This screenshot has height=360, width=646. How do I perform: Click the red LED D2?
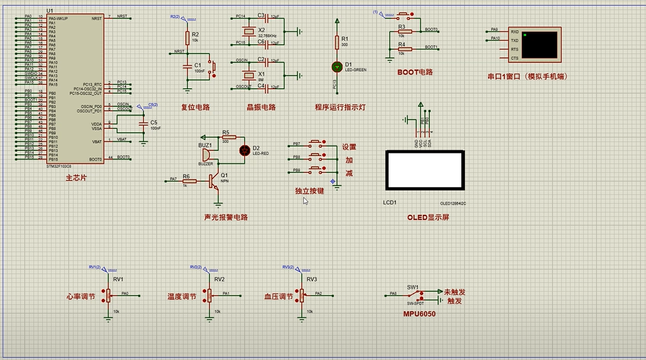pyautogui.click(x=243, y=150)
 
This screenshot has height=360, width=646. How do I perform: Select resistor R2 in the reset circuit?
pyautogui.click(x=187, y=37)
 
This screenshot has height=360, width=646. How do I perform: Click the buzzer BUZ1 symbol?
pyautogui.click(x=206, y=156)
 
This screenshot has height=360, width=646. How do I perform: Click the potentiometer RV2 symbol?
pyautogui.click(x=210, y=294)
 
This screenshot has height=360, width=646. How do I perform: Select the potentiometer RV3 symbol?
pyautogui.click(x=302, y=294)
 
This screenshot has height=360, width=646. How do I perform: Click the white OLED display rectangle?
pyautogui.click(x=424, y=170)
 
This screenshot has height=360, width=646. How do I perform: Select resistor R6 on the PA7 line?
pyautogui.click(x=189, y=181)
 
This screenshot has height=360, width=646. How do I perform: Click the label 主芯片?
pyautogui.click(x=76, y=178)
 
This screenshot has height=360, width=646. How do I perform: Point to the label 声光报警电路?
pyautogui.click(x=226, y=217)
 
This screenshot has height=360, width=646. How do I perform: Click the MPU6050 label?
pyautogui.click(x=419, y=313)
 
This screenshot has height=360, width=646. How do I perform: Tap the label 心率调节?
pyautogui.click(x=80, y=297)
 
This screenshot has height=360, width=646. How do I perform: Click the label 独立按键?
pyautogui.click(x=310, y=191)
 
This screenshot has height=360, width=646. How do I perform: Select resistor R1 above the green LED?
pyautogui.click(x=336, y=42)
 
